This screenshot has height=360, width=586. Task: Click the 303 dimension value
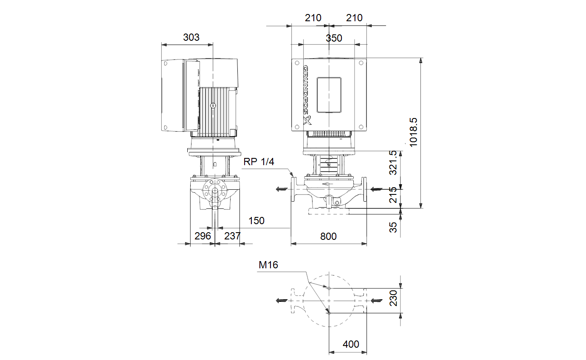pos(191,37)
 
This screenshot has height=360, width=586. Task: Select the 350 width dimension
pos(334,38)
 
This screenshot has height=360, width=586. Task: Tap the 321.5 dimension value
pos(393,163)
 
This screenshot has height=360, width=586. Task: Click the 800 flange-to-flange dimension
pos(328,236)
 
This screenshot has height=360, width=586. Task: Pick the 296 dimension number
pos(203,236)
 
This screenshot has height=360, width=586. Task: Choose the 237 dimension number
pos(232,236)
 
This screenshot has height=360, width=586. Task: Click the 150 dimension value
pos(256,221)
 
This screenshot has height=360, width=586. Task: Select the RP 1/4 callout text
pos(259,162)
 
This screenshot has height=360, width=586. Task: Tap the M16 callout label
pos(268,265)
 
